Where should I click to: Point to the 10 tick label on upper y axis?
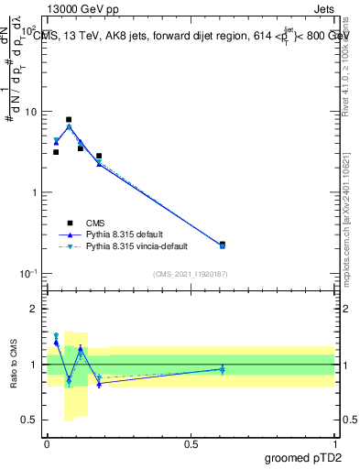click(29, 112)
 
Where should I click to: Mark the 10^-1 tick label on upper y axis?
click(27, 274)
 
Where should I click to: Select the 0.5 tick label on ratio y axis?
click(29, 422)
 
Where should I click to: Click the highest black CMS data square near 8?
click(69, 119)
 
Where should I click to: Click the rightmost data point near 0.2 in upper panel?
click(223, 245)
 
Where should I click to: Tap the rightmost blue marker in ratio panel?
click(223, 369)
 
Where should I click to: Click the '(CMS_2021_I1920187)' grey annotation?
click(191, 274)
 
